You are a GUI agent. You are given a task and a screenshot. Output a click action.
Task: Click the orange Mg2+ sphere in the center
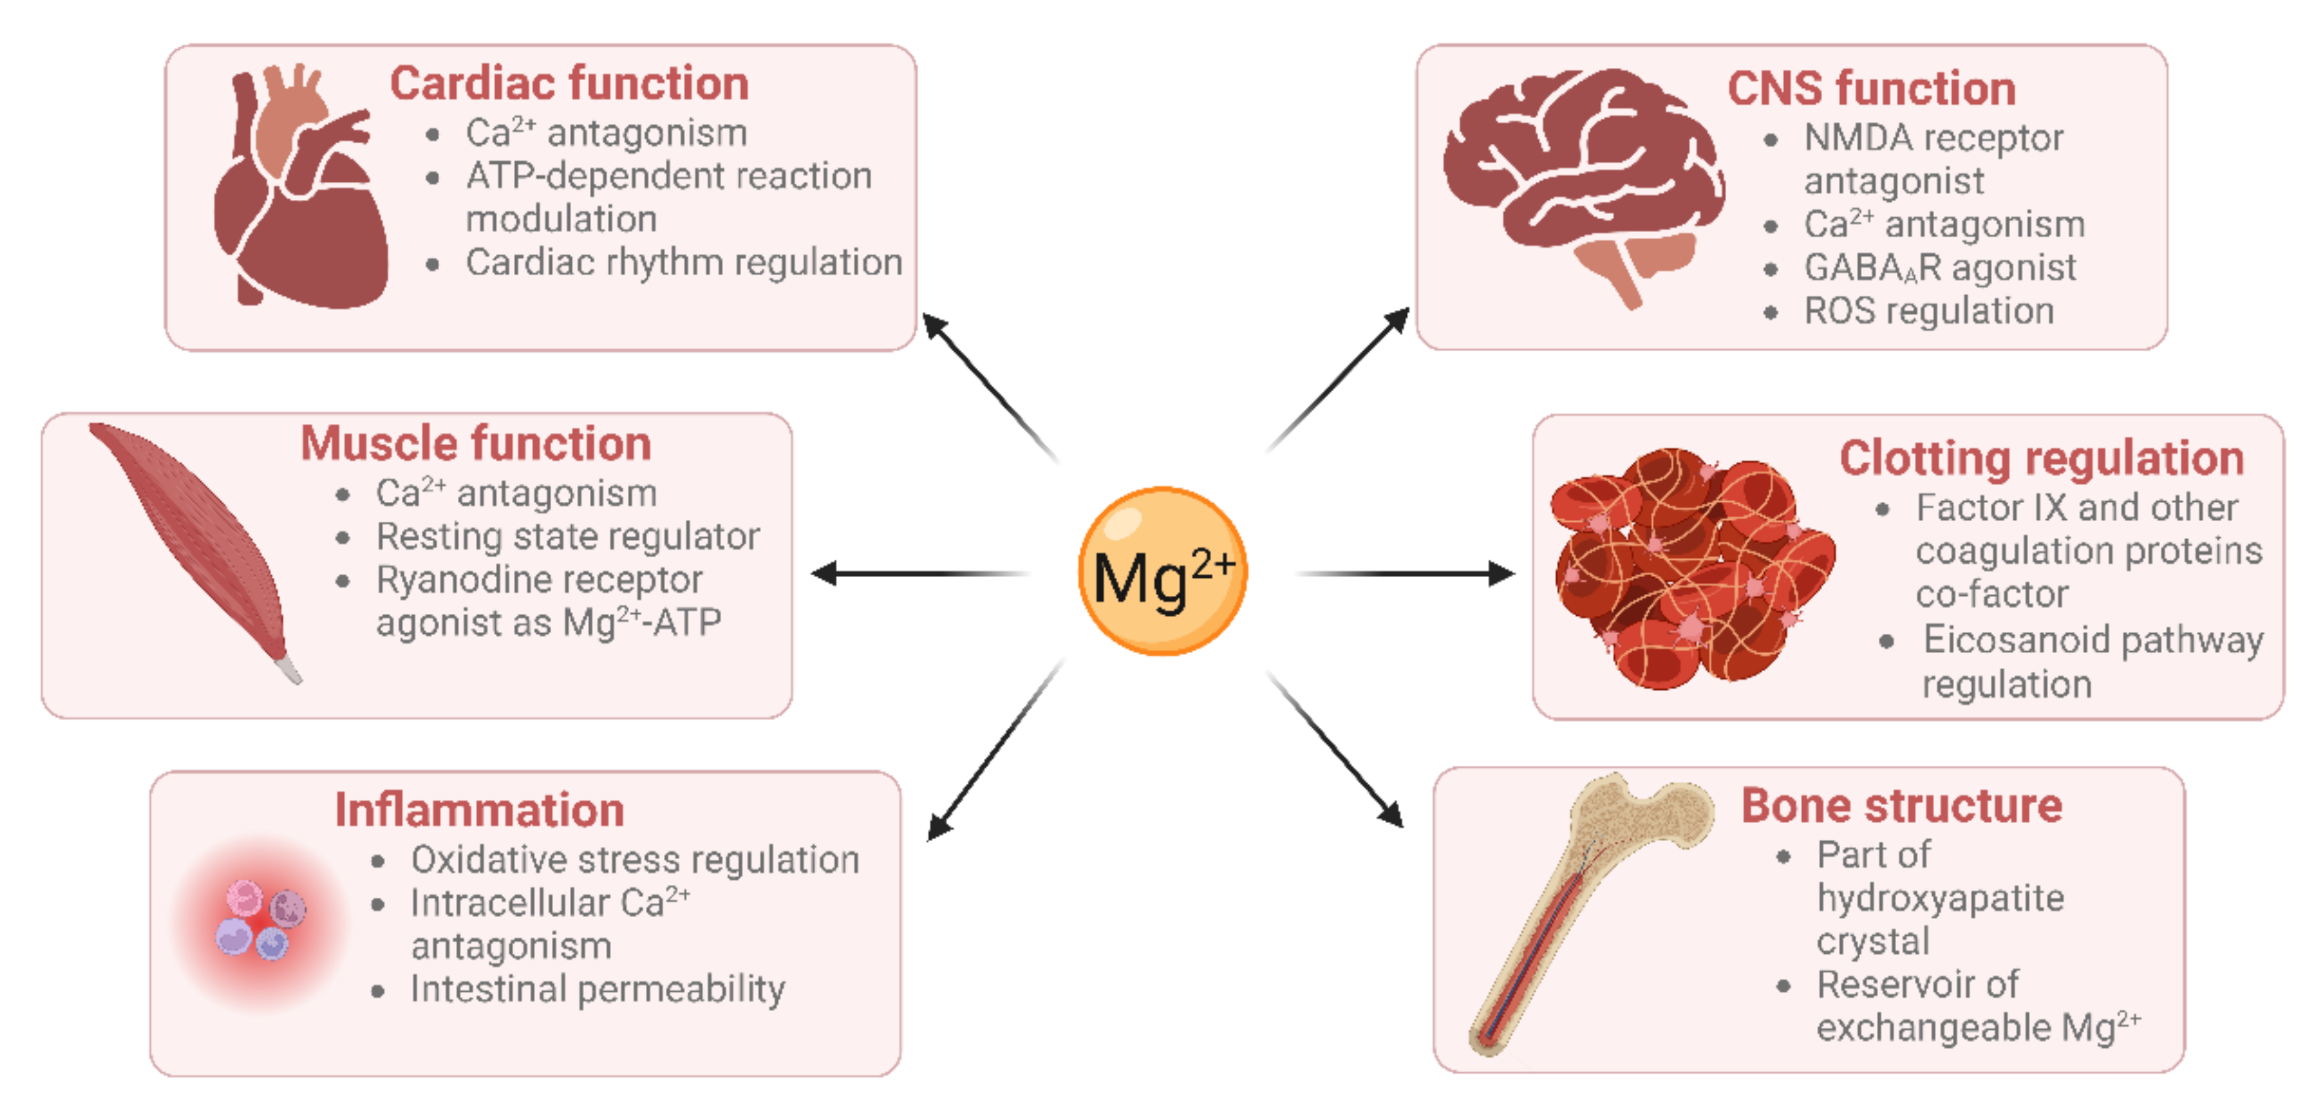(1162, 571)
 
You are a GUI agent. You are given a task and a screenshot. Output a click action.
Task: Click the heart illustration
(302, 194)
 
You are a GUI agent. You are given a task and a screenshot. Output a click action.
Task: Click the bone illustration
(1585, 910)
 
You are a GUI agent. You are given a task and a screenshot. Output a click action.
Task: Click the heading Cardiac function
(569, 84)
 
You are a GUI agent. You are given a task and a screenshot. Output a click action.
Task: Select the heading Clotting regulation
(2041, 458)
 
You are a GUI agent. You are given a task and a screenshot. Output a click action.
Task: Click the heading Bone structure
(1901, 804)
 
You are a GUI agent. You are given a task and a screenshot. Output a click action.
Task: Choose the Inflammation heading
(479, 809)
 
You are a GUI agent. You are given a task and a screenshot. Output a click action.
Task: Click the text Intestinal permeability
(597, 989)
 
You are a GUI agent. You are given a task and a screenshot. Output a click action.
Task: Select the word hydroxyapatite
(1940, 898)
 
